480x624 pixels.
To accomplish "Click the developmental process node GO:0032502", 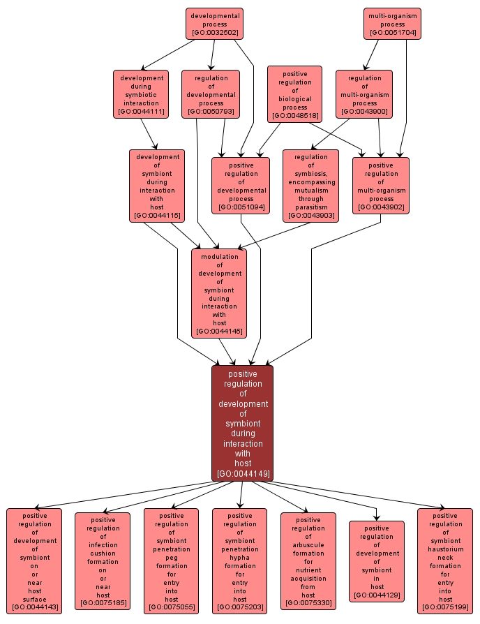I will pyautogui.click(x=214, y=24).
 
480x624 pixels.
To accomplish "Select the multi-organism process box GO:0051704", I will pyautogui.click(x=393, y=24).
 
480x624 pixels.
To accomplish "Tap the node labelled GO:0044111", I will pyautogui.click(x=141, y=94).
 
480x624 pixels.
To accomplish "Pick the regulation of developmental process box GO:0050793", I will pyautogui.click(x=211, y=94).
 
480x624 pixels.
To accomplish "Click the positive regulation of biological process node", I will pyautogui.click(x=294, y=94).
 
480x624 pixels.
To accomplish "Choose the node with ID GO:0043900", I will pyautogui.click(x=364, y=94).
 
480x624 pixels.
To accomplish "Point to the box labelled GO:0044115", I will pyautogui.click(x=157, y=186).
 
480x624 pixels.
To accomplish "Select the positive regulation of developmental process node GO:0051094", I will pyautogui.click(x=241, y=186).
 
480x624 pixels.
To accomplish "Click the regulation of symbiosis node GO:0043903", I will pyautogui.click(x=310, y=186).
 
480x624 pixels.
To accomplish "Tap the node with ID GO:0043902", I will pyautogui.click(x=380, y=186).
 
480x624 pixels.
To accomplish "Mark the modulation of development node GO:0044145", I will pyautogui.click(x=219, y=293).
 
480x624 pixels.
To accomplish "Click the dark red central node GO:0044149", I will pyautogui.click(x=242, y=423).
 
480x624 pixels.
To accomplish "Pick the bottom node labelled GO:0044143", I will pyautogui.click(x=34, y=561).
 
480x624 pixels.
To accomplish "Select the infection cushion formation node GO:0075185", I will pyautogui.click(x=103, y=561).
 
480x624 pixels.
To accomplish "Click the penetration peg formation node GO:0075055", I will pyautogui.click(x=171, y=561).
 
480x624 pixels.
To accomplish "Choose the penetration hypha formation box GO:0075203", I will pyautogui.click(x=239, y=561).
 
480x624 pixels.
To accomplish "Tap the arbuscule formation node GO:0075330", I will pyautogui.click(x=308, y=561).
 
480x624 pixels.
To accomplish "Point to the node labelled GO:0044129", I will pyautogui.click(x=377, y=561).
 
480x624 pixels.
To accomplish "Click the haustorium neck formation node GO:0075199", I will pyautogui.click(x=445, y=561).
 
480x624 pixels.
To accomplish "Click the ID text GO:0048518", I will pyautogui.click(x=294, y=116).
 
